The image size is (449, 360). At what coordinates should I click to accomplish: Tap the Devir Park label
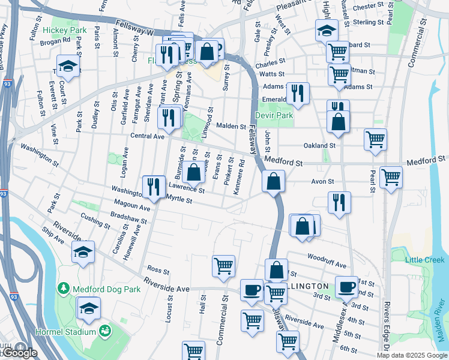[273, 115]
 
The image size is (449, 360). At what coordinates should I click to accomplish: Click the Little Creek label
[425, 260]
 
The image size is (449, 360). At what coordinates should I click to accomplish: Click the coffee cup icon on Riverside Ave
[252, 289]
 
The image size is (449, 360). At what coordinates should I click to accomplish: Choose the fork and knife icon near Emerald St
[297, 92]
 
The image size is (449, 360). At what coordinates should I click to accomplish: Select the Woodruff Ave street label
[327, 265]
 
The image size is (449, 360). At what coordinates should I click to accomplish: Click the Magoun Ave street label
[133, 206]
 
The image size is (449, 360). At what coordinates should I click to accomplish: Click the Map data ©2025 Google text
[412, 355]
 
